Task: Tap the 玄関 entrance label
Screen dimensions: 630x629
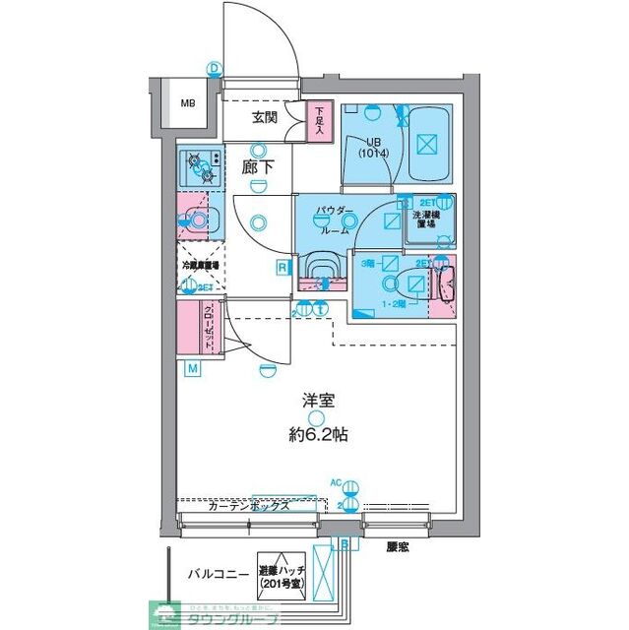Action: pyautogui.click(x=264, y=118)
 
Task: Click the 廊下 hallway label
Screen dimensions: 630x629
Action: pyautogui.click(x=257, y=168)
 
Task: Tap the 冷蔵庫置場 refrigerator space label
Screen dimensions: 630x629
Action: pyautogui.click(x=201, y=265)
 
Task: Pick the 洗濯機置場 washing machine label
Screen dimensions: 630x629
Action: pyautogui.click(x=430, y=220)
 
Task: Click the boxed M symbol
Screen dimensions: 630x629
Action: pyautogui.click(x=193, y=369)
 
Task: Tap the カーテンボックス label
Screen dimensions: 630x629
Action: pyautogui.click(x=249, y=506)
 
